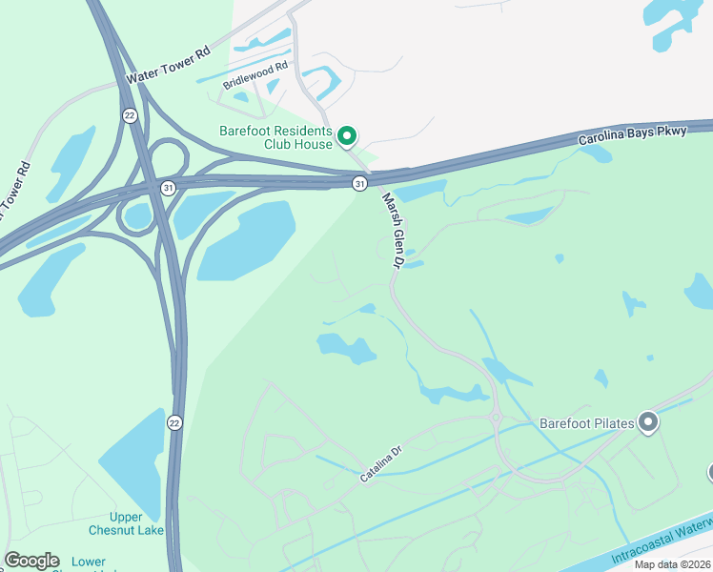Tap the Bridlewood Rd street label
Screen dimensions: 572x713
coord(255,76)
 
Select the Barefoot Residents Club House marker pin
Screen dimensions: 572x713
coord(348,136)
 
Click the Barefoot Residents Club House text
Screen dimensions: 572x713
coord(275,137)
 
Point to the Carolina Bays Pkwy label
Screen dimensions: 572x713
coord(633,134)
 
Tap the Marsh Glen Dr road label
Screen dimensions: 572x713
coord(395,230)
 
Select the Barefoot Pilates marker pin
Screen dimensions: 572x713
coord(648,421)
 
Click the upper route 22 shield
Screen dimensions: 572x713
coord(129,114)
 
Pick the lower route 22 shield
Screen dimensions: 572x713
coord(174,422)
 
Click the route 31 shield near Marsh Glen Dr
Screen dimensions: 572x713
coord(359,182)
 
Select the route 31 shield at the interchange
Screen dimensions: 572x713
coord(169,188)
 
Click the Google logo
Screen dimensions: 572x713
coord(31,560)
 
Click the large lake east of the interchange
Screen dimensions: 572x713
coord(245,240)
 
